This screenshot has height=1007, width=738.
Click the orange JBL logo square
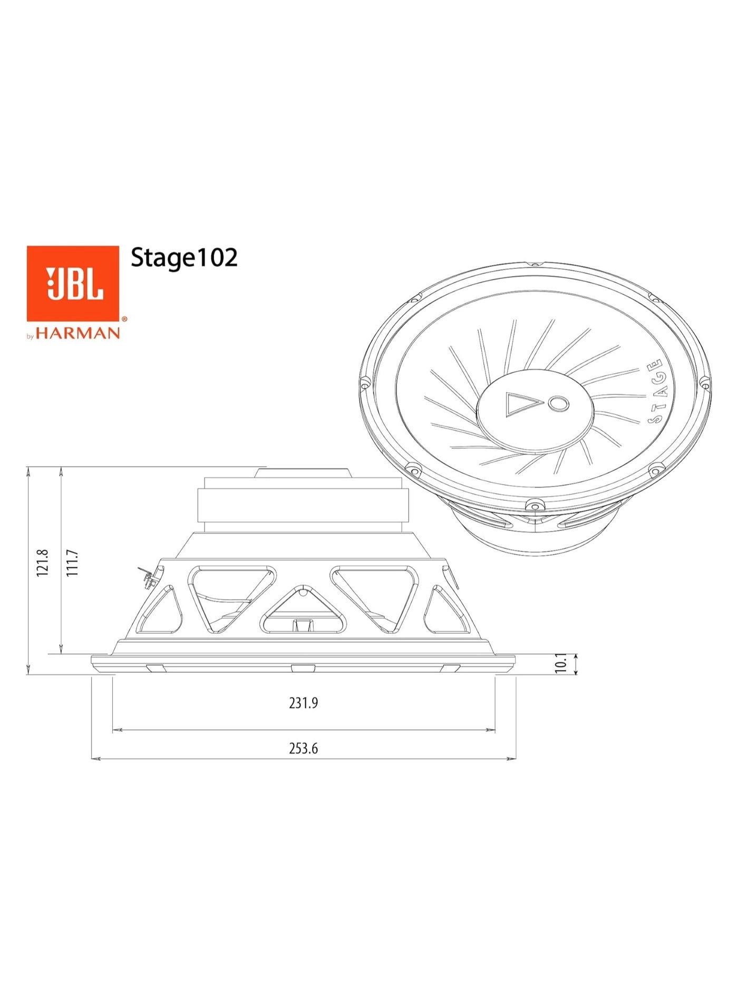pyautogui.click(x=73, y=283)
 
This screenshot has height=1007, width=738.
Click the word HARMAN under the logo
pyautogui.click(x=77, y=333)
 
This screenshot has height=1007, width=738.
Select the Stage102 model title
pyautogui.click(x=184, y=258)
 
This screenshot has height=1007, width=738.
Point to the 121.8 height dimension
pyautogui.click(x=43, y=563)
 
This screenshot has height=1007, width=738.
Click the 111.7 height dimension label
pyautogui.click(x=72, y=563)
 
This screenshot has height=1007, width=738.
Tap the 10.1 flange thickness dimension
pyautogui.click(x=561, y=663)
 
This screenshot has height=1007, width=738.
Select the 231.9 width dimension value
pyautogui.click(x=303, y=703)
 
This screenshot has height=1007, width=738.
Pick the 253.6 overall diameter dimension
pyautogui.click(x=303, y=748)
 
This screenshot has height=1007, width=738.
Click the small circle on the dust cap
pyautogui.click(x=558, y=404)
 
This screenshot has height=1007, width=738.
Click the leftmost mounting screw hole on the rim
pyautogui.click(x=364, y=382)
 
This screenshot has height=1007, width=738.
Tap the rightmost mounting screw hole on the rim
pyautogui.click(x=705, y=383)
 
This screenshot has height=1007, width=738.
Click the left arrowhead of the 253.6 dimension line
pyautogui.click(x=95, y=759)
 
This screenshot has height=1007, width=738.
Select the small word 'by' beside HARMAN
pyautogui.click(x=30, y=336)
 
